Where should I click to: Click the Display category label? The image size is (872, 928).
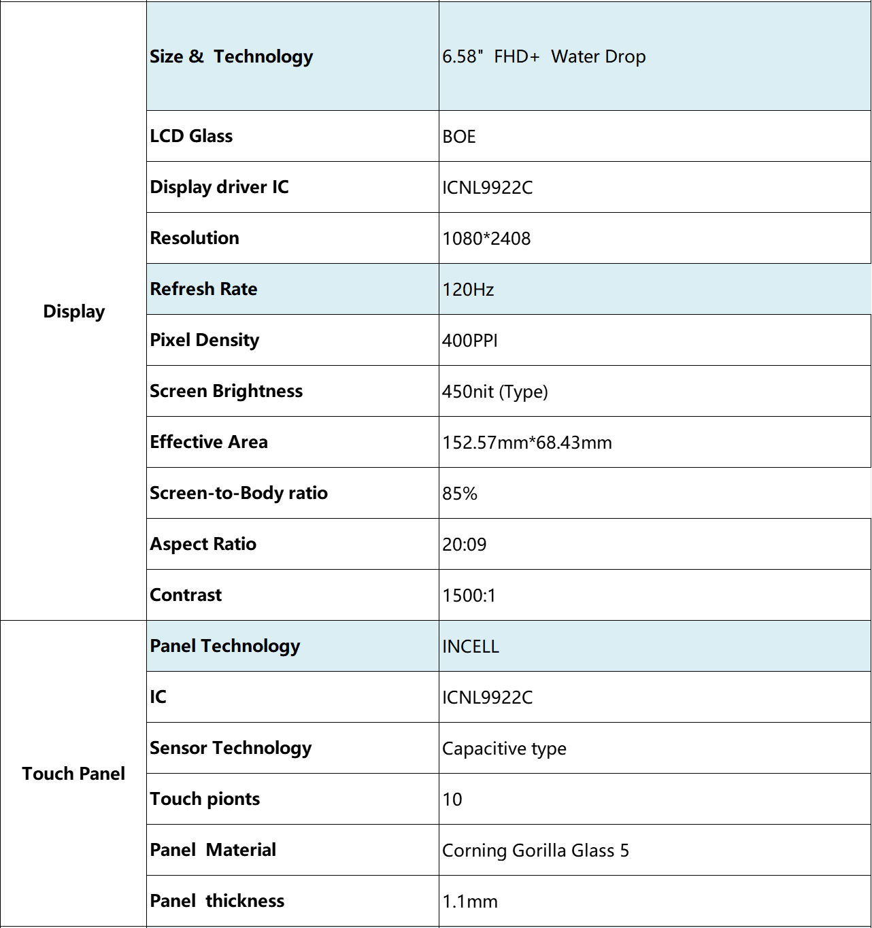click(73, 311)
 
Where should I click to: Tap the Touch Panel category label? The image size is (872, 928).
click(73, 774)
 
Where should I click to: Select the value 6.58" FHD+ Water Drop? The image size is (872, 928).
click(543, 56)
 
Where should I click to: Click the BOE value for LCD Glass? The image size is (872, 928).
click(459, 137)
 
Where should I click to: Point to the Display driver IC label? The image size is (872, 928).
click(219, 187)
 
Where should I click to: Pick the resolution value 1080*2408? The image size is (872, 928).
click(486, 239)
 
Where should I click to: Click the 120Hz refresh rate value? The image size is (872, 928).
click(468, 290)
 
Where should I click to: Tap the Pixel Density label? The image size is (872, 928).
click(204, 340)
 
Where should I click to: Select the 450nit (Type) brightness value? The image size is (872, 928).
click(494, 392)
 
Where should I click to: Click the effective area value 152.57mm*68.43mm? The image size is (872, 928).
click(526, 443)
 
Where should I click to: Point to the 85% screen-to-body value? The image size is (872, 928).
click(460, 494)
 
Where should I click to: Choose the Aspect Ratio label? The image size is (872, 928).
click(203, 544)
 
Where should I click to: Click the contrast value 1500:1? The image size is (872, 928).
click(469, 596)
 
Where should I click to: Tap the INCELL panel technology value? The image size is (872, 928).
click(470, 647)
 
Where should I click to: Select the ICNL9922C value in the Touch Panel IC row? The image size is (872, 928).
click(487, 698)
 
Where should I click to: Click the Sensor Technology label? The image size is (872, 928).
click(231, 748)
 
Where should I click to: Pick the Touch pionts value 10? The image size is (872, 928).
click(452, 800)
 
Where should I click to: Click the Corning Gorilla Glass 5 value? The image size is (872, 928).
click(535, 850)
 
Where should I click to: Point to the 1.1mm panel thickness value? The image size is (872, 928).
click(469, 901)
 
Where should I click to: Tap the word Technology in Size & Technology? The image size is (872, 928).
click(263, 56)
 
